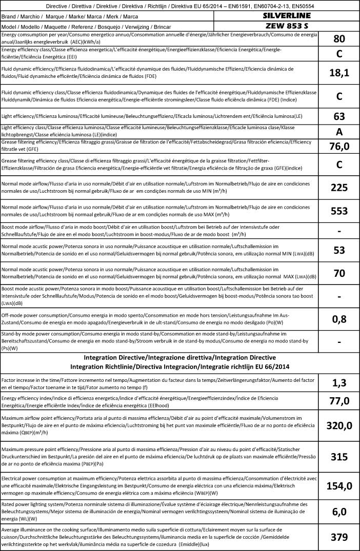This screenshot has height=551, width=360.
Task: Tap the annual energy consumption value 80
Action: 339,39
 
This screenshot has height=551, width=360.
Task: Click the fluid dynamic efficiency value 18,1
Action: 339,73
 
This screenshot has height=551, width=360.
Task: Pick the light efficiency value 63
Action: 339,116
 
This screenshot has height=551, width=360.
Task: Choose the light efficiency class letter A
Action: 339,131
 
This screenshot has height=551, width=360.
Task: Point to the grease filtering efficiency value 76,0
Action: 339,147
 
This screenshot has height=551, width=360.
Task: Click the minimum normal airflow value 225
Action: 339,188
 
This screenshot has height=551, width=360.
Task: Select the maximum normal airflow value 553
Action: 339,211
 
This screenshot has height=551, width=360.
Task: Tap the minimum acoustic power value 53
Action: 339,250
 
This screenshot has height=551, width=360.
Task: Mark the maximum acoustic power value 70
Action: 339,273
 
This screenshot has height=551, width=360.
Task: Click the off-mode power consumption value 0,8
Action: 339,319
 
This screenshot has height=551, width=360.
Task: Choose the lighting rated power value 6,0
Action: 339,511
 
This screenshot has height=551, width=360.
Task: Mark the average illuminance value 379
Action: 339,537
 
